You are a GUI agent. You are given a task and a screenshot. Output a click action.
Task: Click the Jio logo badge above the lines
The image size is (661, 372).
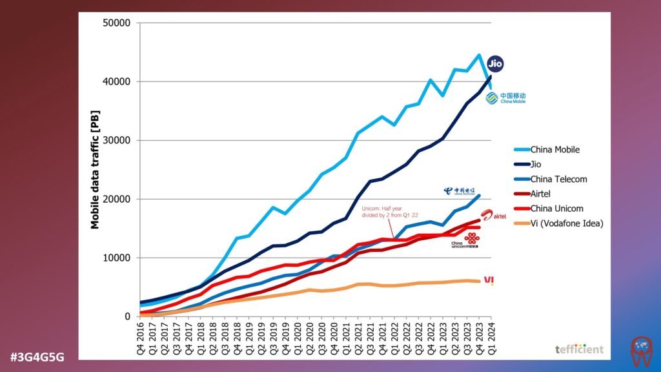[x=495, y=63]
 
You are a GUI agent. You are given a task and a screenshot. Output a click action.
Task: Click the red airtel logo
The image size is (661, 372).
[x=494, y=216]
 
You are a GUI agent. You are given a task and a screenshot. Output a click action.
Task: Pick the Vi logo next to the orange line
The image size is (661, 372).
[x=489, y=280]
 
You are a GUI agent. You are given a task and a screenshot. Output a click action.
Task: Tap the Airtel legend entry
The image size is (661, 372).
[x=542, y=194]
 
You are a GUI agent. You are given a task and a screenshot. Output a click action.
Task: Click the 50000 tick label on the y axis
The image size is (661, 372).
[x=117, y=23]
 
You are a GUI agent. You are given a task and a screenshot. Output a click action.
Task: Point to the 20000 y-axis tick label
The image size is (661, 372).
[x=117, y=199]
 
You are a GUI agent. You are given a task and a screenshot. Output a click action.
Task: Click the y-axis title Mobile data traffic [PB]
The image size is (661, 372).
[x=95, y=170]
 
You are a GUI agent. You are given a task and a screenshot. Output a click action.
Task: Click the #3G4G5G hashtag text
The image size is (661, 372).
[x=37, y=356]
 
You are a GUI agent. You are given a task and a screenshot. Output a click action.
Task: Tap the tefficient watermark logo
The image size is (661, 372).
[x=579, y=349]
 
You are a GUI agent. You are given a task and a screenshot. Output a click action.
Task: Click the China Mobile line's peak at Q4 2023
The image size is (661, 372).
[x=479, y=55]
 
